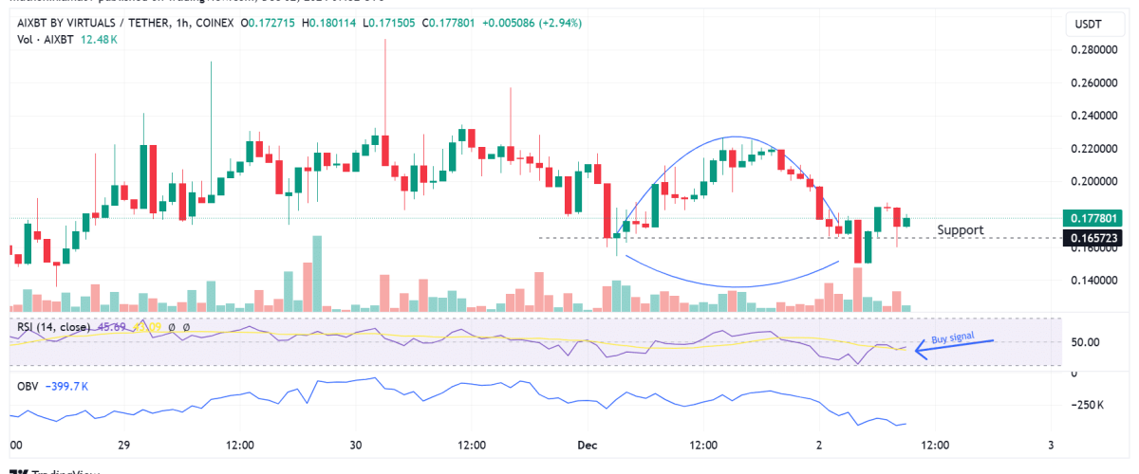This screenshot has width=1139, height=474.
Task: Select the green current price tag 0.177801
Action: click(x=1098, y=217)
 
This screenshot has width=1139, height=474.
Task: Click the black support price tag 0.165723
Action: click(x=1098, y=237)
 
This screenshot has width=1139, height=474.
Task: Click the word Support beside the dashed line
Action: click(x=960, y=230)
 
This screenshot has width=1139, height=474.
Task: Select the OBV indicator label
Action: click(x=29, y=386)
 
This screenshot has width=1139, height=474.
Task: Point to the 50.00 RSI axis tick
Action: click(x=1085, y=341)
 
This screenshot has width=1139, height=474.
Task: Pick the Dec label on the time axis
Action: click(x=587, y=445)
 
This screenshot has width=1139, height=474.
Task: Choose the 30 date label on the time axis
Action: click(x=356, y=445)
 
